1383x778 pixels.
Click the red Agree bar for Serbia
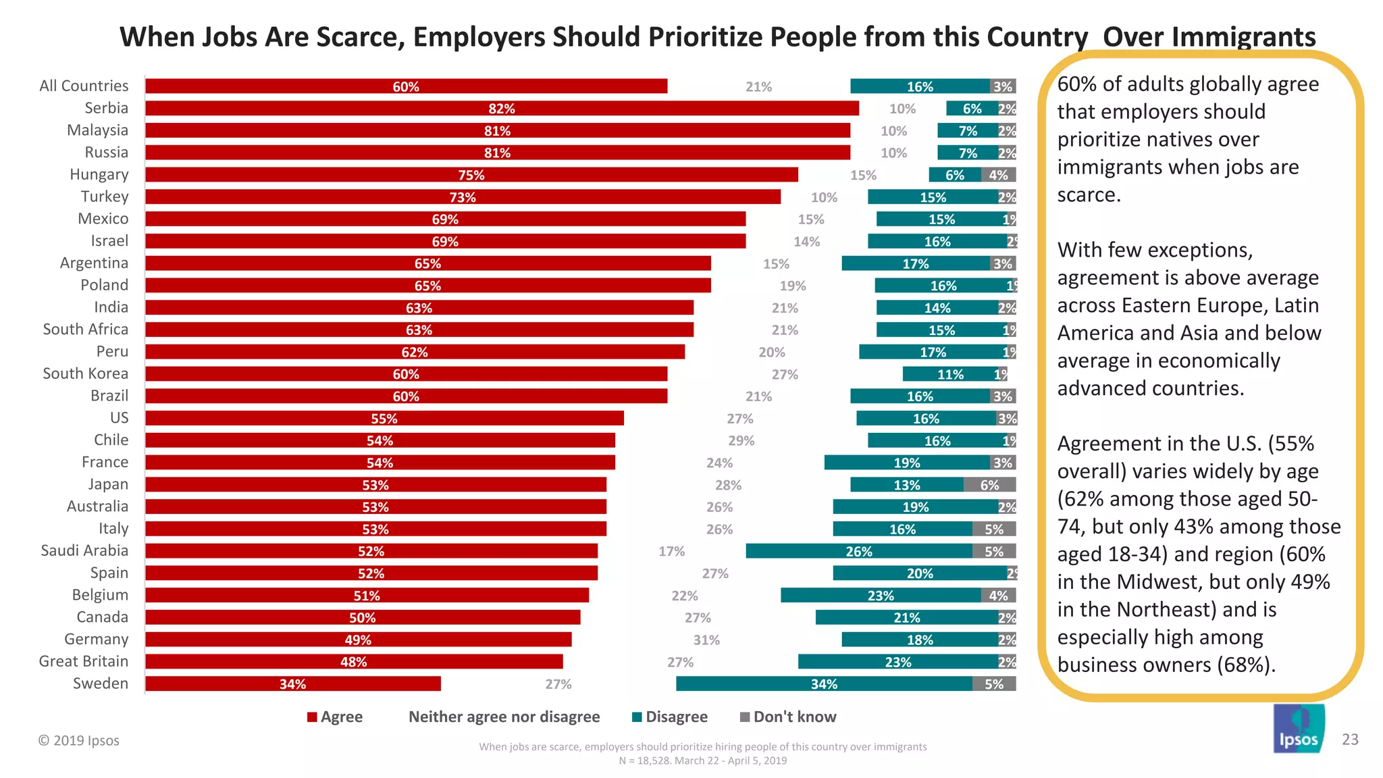502,109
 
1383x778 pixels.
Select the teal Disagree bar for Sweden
824,684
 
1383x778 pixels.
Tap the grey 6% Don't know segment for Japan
989,485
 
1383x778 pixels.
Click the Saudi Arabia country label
84,551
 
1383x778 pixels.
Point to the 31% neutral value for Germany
706,640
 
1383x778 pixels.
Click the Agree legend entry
335,717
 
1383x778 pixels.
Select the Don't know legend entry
788,717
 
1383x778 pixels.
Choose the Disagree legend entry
670,717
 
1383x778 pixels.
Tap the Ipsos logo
1299,729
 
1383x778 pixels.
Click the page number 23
1350,740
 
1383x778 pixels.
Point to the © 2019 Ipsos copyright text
78,741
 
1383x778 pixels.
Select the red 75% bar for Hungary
471,175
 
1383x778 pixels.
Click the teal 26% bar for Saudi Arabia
858,552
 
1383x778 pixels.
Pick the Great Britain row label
84,662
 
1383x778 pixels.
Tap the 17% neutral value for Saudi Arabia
671,552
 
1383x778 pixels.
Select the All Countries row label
84,86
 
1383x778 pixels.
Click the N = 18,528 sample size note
702,761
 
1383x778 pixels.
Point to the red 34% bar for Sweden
292,684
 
